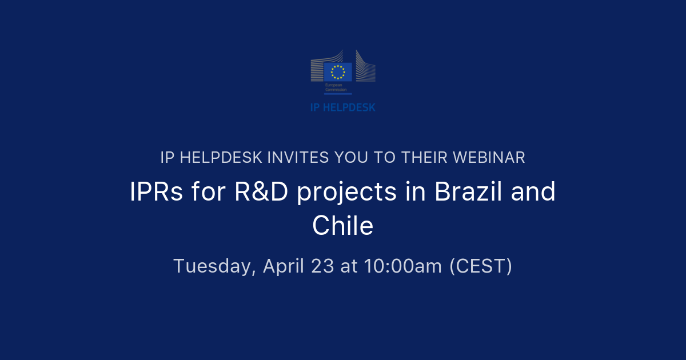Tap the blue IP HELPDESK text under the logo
tap(343, 107)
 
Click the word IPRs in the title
tap(156, 193)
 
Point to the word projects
tap(346, 193)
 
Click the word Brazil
tap(467, 193)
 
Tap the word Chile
tap(343, 226)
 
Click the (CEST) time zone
tap(480, 266)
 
